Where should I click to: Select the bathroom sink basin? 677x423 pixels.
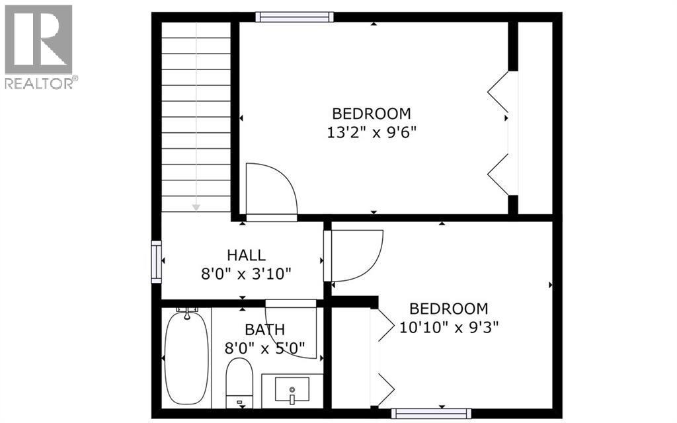292,389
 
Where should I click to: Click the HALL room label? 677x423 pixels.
246,255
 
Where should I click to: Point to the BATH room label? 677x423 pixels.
264,330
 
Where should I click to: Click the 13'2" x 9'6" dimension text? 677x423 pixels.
372,132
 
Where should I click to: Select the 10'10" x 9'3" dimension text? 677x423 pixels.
449,327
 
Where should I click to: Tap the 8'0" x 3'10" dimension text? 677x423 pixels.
246,274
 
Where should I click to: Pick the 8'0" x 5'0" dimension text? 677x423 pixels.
264,348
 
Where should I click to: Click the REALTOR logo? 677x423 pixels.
39,47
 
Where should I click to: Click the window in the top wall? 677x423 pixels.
294,17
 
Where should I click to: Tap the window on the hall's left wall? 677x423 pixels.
156,262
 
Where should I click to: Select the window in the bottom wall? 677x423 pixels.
431,413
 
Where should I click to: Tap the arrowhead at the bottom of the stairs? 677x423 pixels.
196,208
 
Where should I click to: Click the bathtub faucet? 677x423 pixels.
187,313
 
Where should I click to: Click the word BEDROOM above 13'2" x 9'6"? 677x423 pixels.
372,114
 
